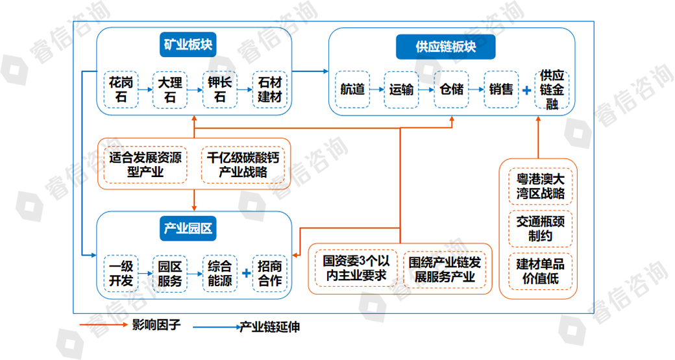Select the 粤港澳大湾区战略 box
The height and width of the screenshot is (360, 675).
pyautogui.click(x=541, y=186)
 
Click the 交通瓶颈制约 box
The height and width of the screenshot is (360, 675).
pyautogui.click(x=541, y=228)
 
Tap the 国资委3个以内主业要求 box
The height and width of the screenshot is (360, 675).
pyautogui.click(x=356, y=269)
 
